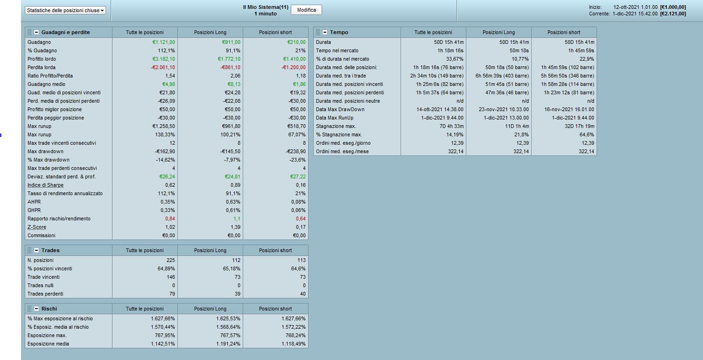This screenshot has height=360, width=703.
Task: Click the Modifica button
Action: (x=306, y=10)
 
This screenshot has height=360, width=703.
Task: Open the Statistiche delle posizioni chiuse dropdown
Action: (x=65, y=10)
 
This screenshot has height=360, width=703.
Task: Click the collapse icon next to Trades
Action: (x=36, y=250)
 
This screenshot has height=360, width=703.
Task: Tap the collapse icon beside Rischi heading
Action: (x=36, y=309)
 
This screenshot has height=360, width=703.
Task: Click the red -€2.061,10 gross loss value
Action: (x=160, y=67)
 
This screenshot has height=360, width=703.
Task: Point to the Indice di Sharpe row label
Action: (x=45, y=185)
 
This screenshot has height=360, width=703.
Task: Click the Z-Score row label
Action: (x=37, y=227)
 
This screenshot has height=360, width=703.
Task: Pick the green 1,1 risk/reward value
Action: (x=238, y=219)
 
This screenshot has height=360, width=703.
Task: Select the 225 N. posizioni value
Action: (x=171, y=260)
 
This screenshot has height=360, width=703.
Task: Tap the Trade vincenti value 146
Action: (x=171, y=277)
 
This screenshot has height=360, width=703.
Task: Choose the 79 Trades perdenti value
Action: (x=172, y=294)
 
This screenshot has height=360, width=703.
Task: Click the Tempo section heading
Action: (x=339, y=32)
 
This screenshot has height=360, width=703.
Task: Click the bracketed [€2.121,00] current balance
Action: (x=673, y=14)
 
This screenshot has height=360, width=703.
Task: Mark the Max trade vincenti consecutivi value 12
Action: (x=172, y=143)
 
